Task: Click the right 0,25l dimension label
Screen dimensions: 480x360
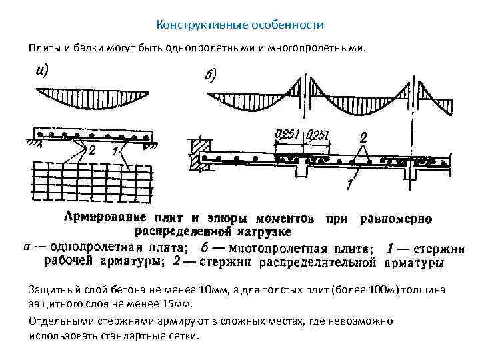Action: [318, 136]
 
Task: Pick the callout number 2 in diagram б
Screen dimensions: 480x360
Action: [363, 137]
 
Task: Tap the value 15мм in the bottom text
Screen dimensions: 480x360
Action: [176, 305]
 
